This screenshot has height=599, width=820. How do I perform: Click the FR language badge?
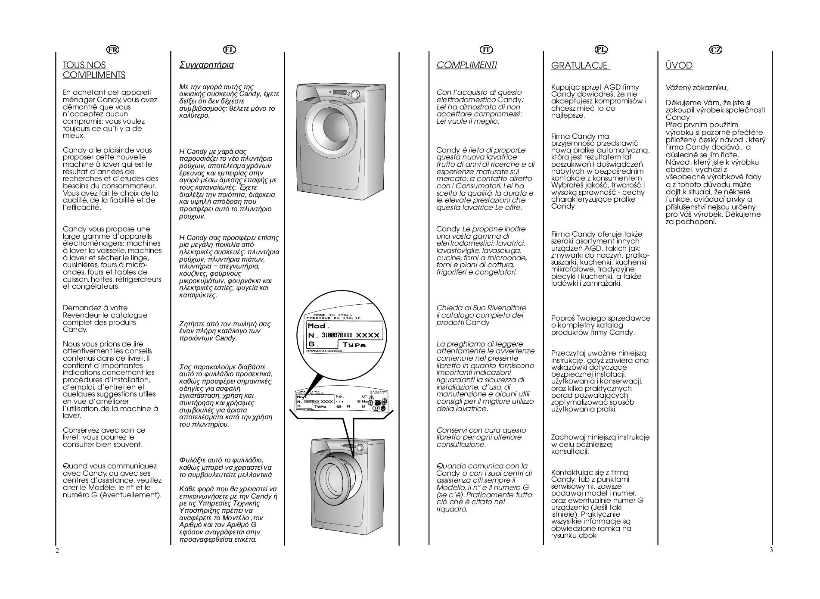[x=113, y=50]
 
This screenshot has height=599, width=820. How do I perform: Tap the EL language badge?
[x=229, y=50]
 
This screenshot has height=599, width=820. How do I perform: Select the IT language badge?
[x=486, y=50]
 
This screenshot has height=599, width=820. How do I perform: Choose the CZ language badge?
[x=715, y=50]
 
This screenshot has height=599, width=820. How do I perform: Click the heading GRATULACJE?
[x=580, y=66]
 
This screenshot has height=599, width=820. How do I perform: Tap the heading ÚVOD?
[x=679, y=66]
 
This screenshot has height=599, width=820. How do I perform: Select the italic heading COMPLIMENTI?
[x=466, y=65]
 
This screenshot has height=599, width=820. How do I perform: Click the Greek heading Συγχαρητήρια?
[x=206, y=65]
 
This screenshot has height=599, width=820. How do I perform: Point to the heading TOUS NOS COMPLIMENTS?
[x=94, y=70]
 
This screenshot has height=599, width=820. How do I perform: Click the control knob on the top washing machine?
[x=355, y=95]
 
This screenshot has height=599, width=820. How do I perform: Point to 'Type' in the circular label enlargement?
[x=354, y=345]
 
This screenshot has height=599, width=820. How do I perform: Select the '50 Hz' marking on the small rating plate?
[x=362, y=401]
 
